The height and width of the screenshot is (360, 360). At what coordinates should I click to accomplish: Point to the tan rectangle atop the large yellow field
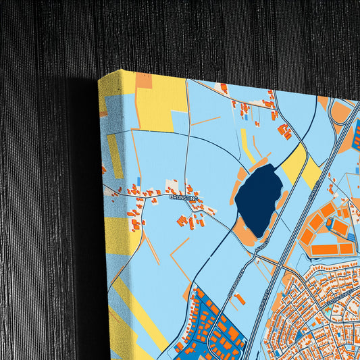click(144, 82)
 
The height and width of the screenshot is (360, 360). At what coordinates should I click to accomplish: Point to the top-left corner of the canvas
click(100, 78)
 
